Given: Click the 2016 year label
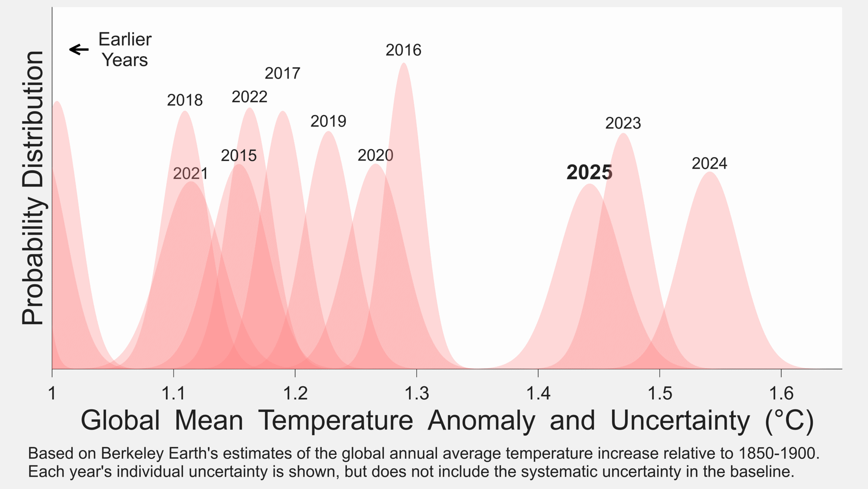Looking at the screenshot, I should coord(403,50).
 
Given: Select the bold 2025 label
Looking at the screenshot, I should coord(589,173).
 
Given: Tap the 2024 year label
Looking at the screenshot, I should coord(709,163).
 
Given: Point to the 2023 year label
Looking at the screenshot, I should coord(623,123).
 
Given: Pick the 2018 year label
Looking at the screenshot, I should coord(185,100).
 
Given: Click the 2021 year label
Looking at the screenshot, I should coord(191,174).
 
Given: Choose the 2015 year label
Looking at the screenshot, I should coord(239,155).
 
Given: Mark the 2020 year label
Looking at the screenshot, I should coord(376,155).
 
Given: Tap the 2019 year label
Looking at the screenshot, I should coord(328,121).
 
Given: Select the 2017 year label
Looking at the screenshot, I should coord(283,73).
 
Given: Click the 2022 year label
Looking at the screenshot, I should coord(250,97).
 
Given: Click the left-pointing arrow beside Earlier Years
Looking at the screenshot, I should coord(79,49).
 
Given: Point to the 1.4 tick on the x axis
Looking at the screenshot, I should coord(538,394).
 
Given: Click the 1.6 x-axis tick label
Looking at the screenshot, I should coord(781,394).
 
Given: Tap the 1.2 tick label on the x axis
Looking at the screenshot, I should coord(295,394).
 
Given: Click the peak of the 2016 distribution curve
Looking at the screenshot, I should coord(404,63).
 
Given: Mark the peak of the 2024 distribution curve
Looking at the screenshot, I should coord(710,173).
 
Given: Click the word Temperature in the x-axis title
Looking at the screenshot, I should coord(335,420).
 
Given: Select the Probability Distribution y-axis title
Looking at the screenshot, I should coord(33,188).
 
